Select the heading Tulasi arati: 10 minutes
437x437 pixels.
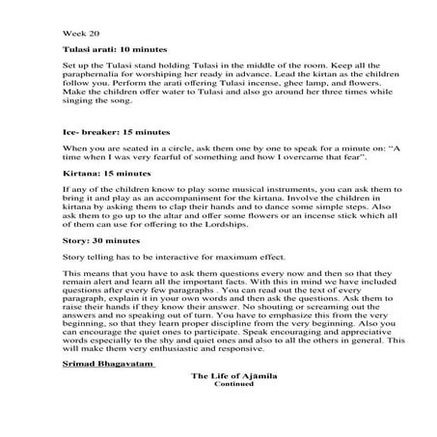pyautogui.click(x=111, y=47)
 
